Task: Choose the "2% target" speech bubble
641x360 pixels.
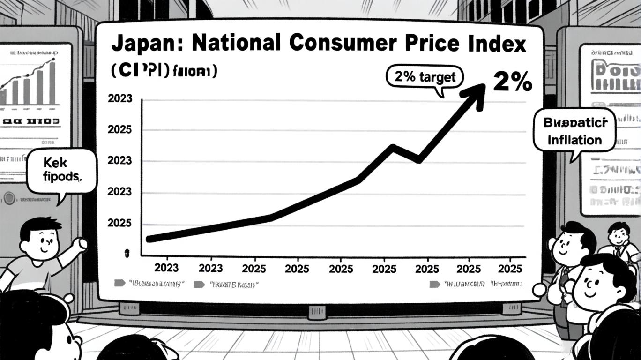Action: click(425, 77)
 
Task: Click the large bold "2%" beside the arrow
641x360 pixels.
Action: click(513, 82)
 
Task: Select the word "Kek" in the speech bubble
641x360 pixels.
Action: click(55, 163)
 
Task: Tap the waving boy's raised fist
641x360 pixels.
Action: click(82, 243)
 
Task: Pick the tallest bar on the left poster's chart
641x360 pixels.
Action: click(52, 82)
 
